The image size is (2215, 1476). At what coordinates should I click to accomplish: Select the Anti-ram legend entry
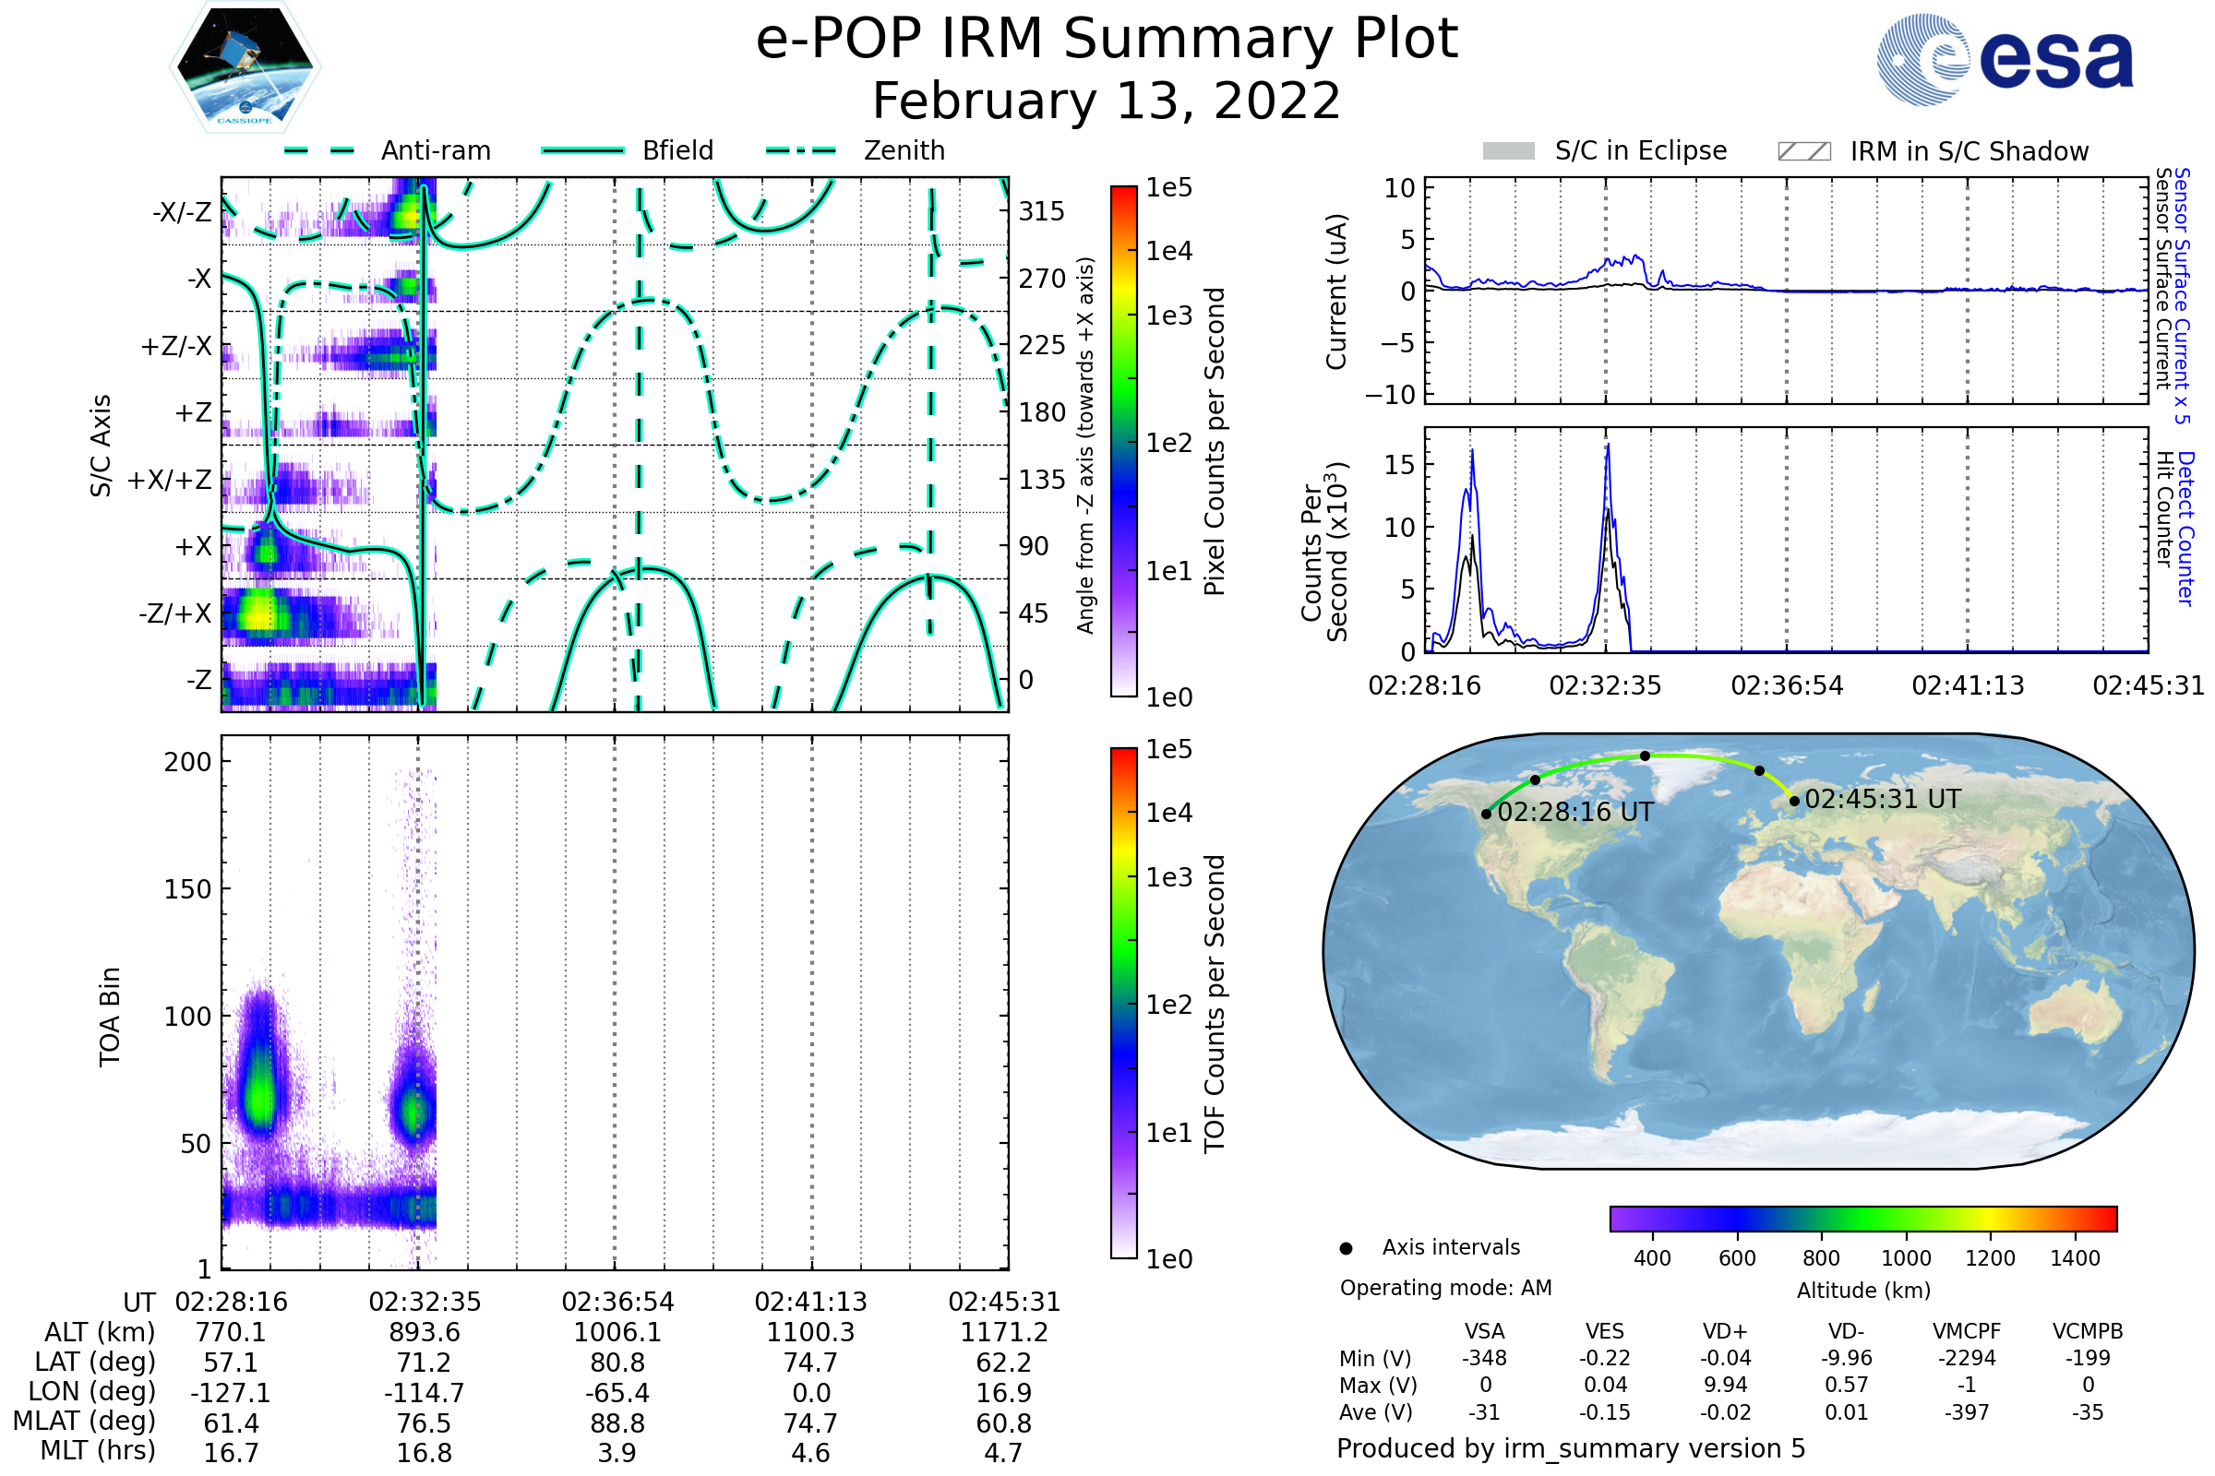[x=388, y=150]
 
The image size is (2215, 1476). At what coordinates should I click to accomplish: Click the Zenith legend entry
[x=856, y=150]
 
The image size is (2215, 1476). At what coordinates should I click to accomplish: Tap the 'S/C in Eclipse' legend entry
[x=1605, y=151]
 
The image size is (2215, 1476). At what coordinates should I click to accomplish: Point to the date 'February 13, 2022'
[x=1107, y=101]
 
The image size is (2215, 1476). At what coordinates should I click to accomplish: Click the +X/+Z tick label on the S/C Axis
[x=170, y=480]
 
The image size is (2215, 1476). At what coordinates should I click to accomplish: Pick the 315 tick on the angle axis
[x=1042, y=212]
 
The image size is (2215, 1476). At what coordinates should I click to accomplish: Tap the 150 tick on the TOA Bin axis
[x=187, y=889]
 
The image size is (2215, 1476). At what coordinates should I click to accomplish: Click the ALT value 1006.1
[x=617, y=1332]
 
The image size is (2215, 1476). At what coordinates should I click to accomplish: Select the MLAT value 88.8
[x=617, y=1423]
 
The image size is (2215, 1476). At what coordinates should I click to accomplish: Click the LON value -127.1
[x=231, y=1393]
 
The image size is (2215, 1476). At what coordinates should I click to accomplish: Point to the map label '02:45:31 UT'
[x=1883, y=799]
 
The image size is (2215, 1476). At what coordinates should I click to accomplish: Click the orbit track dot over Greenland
[x=1646, y=756]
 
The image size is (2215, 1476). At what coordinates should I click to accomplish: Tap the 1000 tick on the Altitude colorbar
[x=1906, y=1258]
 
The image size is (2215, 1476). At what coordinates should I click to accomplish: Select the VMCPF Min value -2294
[x=1967, y=1358]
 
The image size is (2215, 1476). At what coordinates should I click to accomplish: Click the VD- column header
[x=1846, y=1331]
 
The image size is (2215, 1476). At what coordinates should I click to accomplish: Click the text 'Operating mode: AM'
[x=1445, y=1288]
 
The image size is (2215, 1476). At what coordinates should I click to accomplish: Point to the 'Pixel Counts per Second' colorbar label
[x=1215, y=442]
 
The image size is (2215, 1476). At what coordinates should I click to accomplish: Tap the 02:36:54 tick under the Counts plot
[x=1787, y=685]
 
